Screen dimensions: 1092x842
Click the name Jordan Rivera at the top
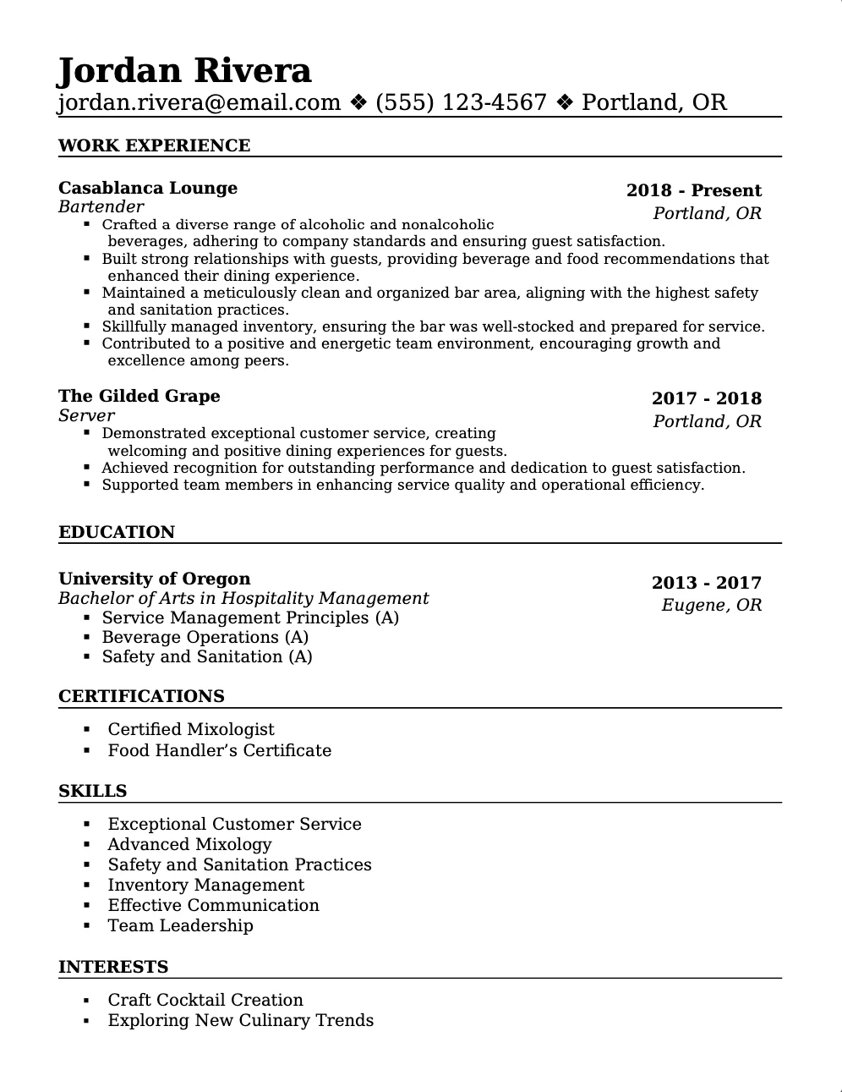click(184, 71)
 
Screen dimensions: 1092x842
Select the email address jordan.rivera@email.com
click(200, 102)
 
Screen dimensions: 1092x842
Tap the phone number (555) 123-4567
click(461, 102)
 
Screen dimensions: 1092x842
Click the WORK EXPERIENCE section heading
click(154, 145)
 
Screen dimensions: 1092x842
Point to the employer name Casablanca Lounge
click(148, 188)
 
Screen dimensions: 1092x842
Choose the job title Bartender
click(101, 206)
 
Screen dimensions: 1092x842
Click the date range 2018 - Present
click(693, 190)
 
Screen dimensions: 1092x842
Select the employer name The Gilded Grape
click(139, 396)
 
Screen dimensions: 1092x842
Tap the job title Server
click(86, 415)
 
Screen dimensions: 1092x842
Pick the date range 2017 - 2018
click(706, 398)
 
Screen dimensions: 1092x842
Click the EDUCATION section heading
click(117, 532)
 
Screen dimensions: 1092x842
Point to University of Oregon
click(155, 579)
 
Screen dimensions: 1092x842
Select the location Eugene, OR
click(711, 605)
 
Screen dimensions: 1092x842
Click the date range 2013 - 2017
click(706, 583)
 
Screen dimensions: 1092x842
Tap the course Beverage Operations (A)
click(205, 637)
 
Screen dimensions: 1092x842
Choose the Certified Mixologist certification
click(191, 729)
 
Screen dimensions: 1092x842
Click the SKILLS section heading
click(92, 791)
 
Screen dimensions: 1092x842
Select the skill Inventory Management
click(205, 885)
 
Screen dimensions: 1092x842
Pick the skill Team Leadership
click(180, 925)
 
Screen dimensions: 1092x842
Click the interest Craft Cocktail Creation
click(205, 1000)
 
